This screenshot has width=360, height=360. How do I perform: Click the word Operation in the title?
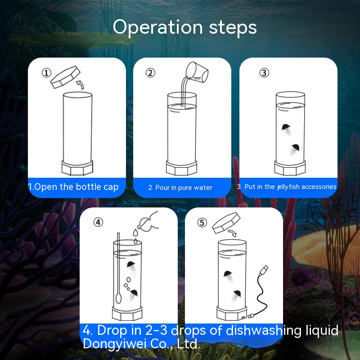pyautogui.click(x=158, y=27)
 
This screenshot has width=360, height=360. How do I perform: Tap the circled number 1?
pyautogui.click(x=46, y=73)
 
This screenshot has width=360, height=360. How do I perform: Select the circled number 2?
pyautogui.click(x=150, y=73)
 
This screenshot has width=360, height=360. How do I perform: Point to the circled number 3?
pyautogui.click(x=264, y=73)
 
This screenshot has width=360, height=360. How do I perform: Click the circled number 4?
pyautogui.click(x=98, y=222)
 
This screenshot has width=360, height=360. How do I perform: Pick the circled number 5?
pyautogui.click(x=202, y=222)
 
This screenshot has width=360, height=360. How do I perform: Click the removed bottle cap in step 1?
pyautogui.click(x=65, y=77)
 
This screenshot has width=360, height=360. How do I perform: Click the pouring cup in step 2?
pyautogui.click(x=197, y=72)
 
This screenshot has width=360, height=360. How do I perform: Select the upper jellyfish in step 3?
pyautogui.click(x=286, y=130)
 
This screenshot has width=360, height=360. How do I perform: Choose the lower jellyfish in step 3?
pyautogui.click(x=294, y=150)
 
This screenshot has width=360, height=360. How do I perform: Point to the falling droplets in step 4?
pyautogui.click(x=136, y=236)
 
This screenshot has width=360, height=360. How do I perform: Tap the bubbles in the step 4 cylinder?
pyautogui.click(x=127, y=284)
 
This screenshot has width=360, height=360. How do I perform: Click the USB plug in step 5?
pyautogui.click(x=264, y=270)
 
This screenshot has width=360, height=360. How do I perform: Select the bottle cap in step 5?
pyautogui.click(x=226, y=222)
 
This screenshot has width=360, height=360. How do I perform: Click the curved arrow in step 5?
pyautogui.click(x=232, y=233)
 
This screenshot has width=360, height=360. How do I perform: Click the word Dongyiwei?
pyautogui.click(x=114, y=344)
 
